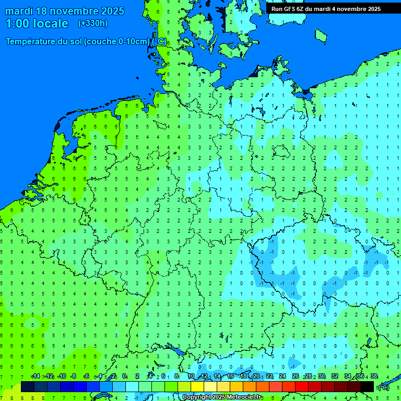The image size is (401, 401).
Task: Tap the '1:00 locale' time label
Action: pos(37,23)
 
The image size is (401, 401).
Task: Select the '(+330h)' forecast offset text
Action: pos(92,23)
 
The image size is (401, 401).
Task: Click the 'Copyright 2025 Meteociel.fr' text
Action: pos(222,397)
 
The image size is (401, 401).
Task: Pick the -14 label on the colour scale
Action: pos(36,376)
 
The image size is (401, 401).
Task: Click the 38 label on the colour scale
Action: pos(373,376)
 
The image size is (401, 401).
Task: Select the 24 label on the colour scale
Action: pos(282,376)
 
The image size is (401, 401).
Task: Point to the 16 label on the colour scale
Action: pos(231,376)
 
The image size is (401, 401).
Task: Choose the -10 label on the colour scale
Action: pos(61,376)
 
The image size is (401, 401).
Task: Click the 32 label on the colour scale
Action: pos(335,376)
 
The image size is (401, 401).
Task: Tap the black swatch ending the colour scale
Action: pos(367,386)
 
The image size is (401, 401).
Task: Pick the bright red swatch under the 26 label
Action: pos(302,386)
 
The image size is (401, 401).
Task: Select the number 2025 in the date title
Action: pos(111,11)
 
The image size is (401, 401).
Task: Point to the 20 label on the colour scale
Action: pos(256,376)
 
